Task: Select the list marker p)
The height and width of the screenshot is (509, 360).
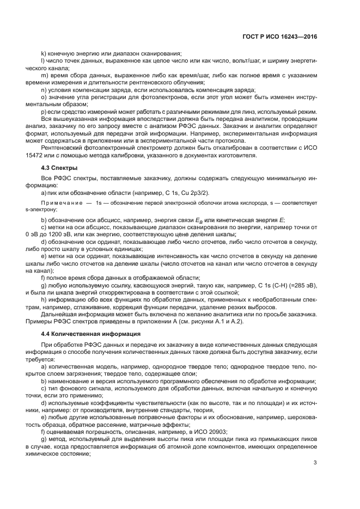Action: tap(44, 111)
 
